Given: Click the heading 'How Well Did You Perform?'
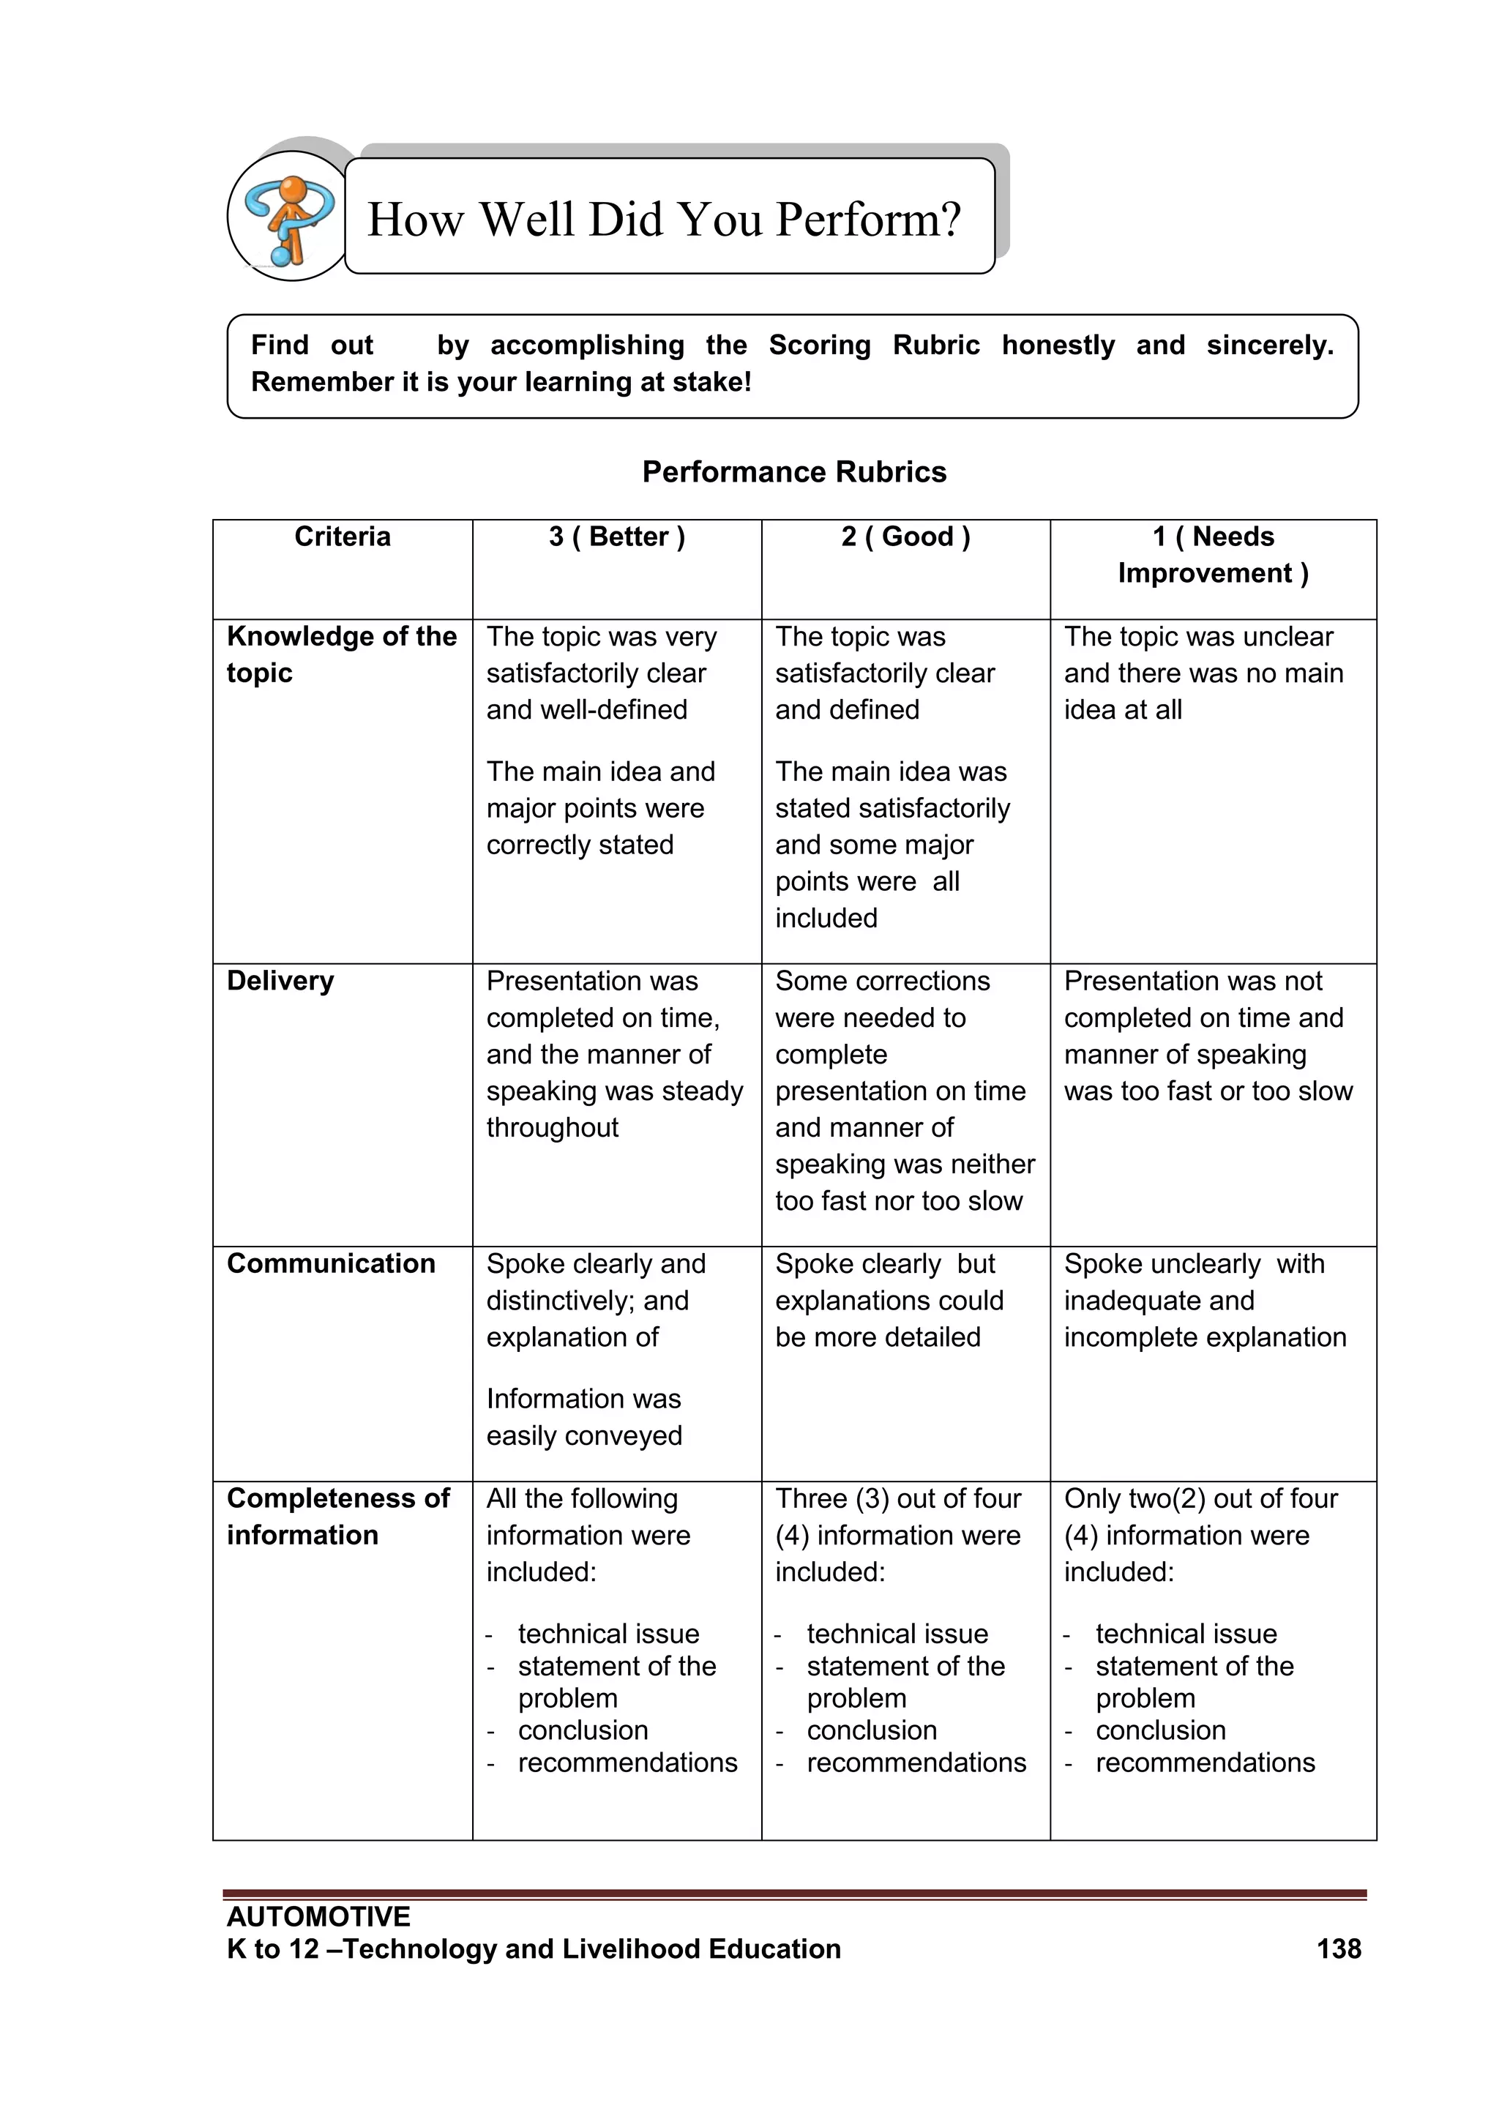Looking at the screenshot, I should [664, 220].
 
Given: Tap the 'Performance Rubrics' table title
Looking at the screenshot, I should [794, 471].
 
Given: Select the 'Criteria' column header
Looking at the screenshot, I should [343, 537].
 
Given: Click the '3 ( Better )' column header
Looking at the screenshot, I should [616, 537].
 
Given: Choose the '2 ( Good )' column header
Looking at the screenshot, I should [905, 537].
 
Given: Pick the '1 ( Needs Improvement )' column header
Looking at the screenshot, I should [1213, 555].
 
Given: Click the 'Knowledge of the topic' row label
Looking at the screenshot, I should [342, 654].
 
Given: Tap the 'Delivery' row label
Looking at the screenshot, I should [280, 980].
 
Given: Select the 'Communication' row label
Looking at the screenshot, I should [330, 1263].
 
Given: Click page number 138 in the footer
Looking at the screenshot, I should [1339, 1948].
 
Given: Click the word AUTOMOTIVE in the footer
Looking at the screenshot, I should [318, 1916].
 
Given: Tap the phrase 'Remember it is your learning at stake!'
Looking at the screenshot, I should [501, 382].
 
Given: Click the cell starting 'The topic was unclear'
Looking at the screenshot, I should [1203, 673].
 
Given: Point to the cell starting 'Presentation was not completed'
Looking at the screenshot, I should [1207, 1036].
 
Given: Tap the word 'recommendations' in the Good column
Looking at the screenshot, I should [916, 1762].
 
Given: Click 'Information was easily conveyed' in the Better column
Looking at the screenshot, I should [584, 1416].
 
